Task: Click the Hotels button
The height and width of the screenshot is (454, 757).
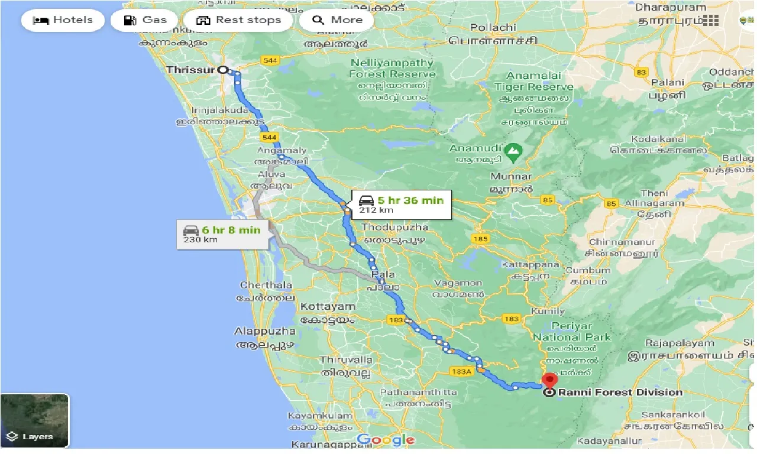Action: pyautogui.click(x=63, y=20)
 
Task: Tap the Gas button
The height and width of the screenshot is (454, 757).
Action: pyautogui.click(x=145, y=20)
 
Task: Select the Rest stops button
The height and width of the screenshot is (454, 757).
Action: pyautogui.click(x=239, y=20)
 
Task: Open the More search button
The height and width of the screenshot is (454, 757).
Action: pyautogui.click(x=336, y=20)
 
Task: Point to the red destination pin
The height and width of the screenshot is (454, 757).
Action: pyautogui.click(x=551, y=381)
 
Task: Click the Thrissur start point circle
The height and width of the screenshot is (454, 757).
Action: pyautogui.click(x=223, y=69)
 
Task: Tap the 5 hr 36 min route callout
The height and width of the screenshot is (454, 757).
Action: pyautogui.click(x=402, y=205)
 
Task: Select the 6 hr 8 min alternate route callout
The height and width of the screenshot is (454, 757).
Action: pyautogui.click(x=222, y=234)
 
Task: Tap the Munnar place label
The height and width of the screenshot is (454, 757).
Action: pyautogui.click(x=511, y=177)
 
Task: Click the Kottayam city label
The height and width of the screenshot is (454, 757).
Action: pyautogui.click(x=328, y=307)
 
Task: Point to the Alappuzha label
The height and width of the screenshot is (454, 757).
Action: pyautogui.click(x=265, y=331)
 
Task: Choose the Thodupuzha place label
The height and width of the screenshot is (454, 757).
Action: pyautogui.click(x=394, y=228)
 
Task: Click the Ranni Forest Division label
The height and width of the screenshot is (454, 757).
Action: pyautogui.click(x=620, y=392)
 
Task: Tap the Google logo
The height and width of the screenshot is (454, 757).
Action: pyautogui.click(x=386, y=440)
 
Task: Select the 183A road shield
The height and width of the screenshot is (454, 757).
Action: pyautogui.click(x=461, y=371)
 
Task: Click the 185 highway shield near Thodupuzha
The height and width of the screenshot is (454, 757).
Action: pyautogui.click(x=480, y=239)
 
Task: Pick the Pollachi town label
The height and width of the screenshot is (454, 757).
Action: pyautogui.click(x=492, y=28)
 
